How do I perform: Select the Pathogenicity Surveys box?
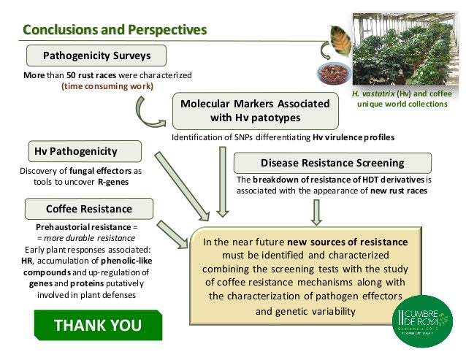coord(96,55)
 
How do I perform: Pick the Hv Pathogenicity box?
coord(80,151)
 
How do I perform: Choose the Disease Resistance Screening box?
coord(332,162)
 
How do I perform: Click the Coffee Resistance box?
coord(89,209)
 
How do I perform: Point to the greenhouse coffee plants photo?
coord(403,51)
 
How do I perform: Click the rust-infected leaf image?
coord(339,42)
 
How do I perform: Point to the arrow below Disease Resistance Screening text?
coord(316,209)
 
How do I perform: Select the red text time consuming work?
coord(107,86)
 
